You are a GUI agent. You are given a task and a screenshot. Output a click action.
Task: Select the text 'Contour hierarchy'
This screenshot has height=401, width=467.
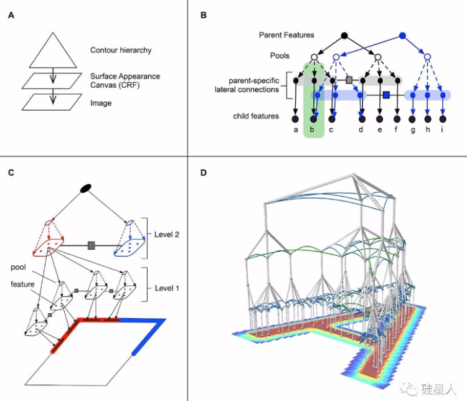pyautogui.click(x=121, y=50)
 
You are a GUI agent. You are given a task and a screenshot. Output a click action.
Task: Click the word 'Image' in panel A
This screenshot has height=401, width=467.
pyautogui.click(x=101, y=103)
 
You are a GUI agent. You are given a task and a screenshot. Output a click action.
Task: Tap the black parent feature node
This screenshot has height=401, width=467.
pyautogui.click(x=344, y=35)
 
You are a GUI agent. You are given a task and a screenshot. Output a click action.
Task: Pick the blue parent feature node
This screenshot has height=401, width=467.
pyautogui.click(x=403, y=35)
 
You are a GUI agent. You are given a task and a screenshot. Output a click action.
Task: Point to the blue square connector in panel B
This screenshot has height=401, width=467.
pyautogui.click(x=386, y=95)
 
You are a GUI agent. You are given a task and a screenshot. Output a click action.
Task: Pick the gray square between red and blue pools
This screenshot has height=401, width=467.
pyautogui.click(x=92, y=246)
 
